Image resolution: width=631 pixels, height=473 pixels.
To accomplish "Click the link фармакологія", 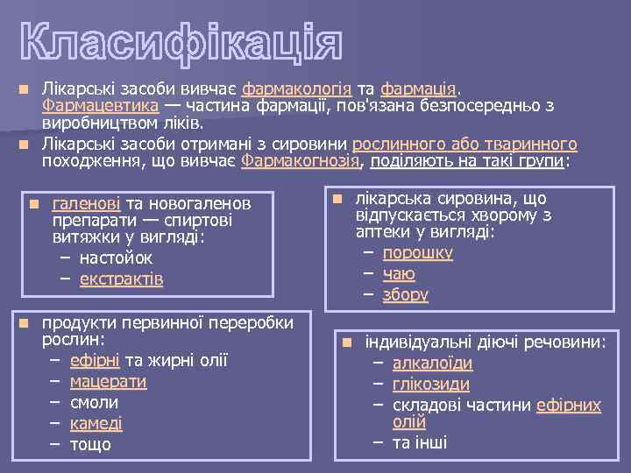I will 297,89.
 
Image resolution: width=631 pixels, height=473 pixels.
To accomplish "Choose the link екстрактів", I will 121,279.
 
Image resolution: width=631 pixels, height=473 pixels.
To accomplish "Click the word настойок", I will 116,258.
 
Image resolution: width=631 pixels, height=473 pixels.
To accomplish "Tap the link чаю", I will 399,273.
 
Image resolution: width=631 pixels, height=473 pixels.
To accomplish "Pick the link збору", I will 405,294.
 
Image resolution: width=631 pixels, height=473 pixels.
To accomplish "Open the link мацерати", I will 108,381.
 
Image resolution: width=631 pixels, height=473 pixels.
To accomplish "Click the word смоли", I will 94,402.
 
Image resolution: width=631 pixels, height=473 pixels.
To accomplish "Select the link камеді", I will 96,423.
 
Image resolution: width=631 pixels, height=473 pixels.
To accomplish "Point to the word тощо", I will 90,444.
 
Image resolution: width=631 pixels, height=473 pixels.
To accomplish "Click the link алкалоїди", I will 432,363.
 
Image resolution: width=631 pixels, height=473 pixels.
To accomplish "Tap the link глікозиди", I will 430,384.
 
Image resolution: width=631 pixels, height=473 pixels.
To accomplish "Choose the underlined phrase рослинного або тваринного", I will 464,145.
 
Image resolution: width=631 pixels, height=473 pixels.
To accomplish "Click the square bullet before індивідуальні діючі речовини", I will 347,342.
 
